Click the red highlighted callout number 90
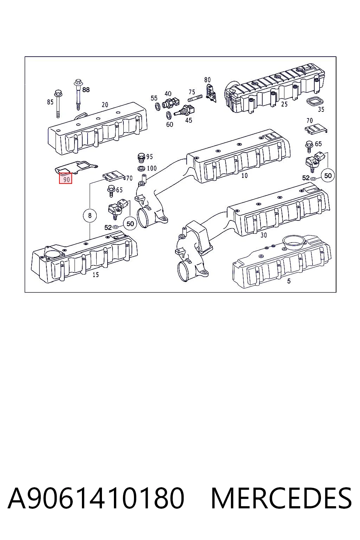click(66, 178)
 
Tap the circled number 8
click(90, 215)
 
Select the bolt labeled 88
click(78, 94)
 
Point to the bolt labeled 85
click(58, 104)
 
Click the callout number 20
click(105, 105)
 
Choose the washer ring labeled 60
click(169, 115)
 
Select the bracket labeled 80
click(211, 93)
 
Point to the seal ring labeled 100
click(141, 168)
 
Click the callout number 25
click(284, 104)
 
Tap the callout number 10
click(244, 175)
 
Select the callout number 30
click(264, 235)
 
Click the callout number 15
click(96, 275)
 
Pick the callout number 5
click(289, 281)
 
